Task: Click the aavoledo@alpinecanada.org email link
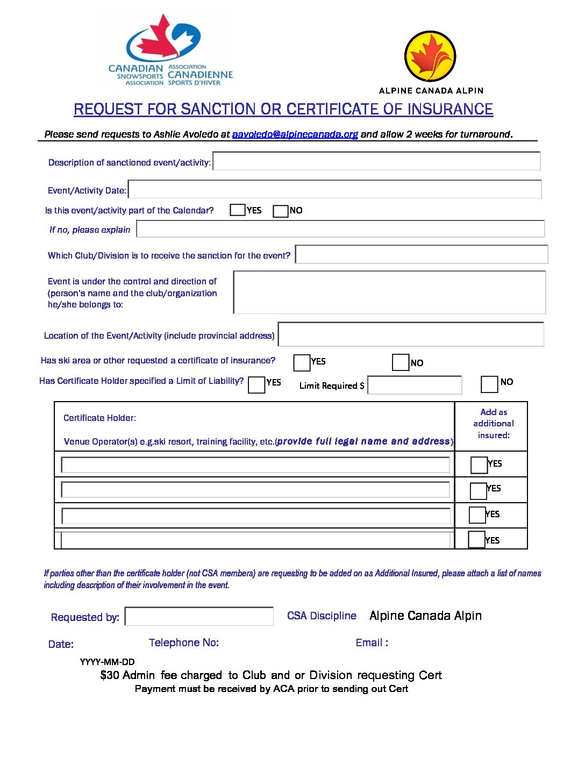click(x=295, y=134)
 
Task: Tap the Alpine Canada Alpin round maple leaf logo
click(x=430, y=56)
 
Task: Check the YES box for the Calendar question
click(x=237, y=210)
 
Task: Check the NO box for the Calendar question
click(x=281, y=211)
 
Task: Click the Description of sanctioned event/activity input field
click(x=376, y=161)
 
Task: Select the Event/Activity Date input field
click(x=334, y=190)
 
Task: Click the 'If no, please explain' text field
click(x=340, y=229)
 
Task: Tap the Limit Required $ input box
click(x=415, y=385)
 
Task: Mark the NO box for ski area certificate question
click(x=401, y=362)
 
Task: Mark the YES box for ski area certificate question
click(x=302, y=363)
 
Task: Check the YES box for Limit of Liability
click(x=256, y=385)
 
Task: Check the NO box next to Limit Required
click(x=489, y=384)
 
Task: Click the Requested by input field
click(x=199, y=616)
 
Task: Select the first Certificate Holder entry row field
click(x=255, y=465)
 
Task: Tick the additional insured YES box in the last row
click(x=476, y=539)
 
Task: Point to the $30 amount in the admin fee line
click(x=110, y=675)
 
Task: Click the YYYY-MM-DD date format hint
click(x=107, y=662)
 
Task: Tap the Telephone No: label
click(x=183, y=642)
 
